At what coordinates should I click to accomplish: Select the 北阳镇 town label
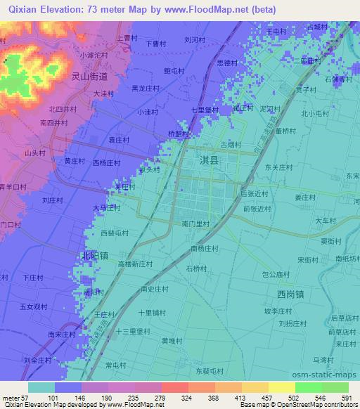point(94,255)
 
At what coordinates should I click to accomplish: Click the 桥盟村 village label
point(179,134)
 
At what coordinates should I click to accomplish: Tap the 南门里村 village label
point(195,223)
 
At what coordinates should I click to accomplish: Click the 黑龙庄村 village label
point(146,89)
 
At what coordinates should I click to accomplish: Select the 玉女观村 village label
point(33,306)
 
